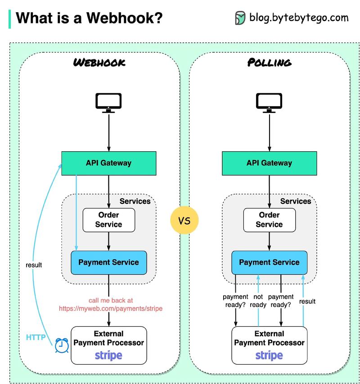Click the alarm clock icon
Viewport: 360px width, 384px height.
(x=62, y=345)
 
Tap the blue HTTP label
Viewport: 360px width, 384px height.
(x=36, y=337)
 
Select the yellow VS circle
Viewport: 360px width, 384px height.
(x=184, y=221)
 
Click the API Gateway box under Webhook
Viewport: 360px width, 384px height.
(x=108, y=163)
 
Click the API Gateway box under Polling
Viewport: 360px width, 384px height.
(x=269, y=163)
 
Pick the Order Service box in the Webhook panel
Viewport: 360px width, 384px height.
(x=108, y=220)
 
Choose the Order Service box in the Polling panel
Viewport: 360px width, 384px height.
(x=269, y=220)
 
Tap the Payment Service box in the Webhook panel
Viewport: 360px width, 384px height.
(x=108, y=262)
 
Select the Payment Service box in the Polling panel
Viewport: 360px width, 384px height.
(x=269, y=262)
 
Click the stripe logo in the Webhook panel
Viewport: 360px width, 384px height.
(x=108, y=355)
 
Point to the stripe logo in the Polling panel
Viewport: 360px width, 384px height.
(x=269, y=355)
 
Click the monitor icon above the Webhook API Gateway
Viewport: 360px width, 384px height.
(x=108, y=103)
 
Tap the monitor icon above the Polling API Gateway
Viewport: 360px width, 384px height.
(x=269, y=103)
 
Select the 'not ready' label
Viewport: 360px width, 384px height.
(x=258, y=301)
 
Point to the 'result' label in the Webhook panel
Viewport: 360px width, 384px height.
(x=34, y=265)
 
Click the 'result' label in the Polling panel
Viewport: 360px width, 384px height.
(x=307, y=301)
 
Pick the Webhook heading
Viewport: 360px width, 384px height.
(x=99, y=63)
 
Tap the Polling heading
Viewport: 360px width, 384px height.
(x=269, y=63)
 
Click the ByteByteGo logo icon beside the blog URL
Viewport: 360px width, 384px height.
(x=240, y=18)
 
